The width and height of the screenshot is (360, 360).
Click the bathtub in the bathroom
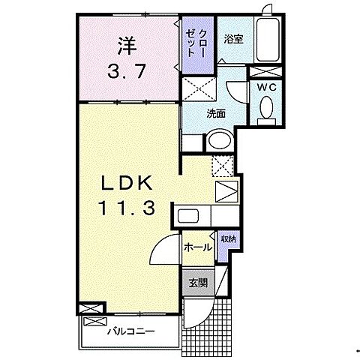coord(267,42)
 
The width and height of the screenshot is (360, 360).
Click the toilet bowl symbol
coord(265,109)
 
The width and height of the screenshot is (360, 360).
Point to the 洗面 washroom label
coord(217,113)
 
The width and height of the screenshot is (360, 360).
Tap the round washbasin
coord(220,140)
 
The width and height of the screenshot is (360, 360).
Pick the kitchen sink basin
coord(187,216)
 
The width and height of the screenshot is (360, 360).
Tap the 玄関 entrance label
coord(198,283)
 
